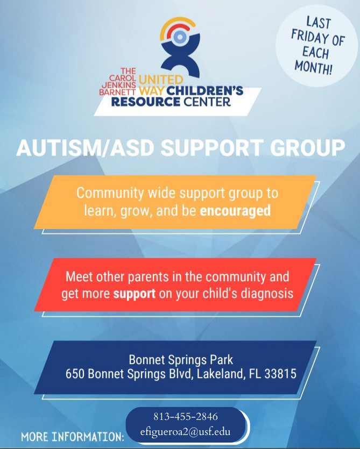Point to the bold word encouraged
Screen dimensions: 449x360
(235, 211)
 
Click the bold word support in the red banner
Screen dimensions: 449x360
(135, 294)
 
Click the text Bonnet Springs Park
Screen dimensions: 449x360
(180, 359)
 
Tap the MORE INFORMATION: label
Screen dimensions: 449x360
(73, 436)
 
